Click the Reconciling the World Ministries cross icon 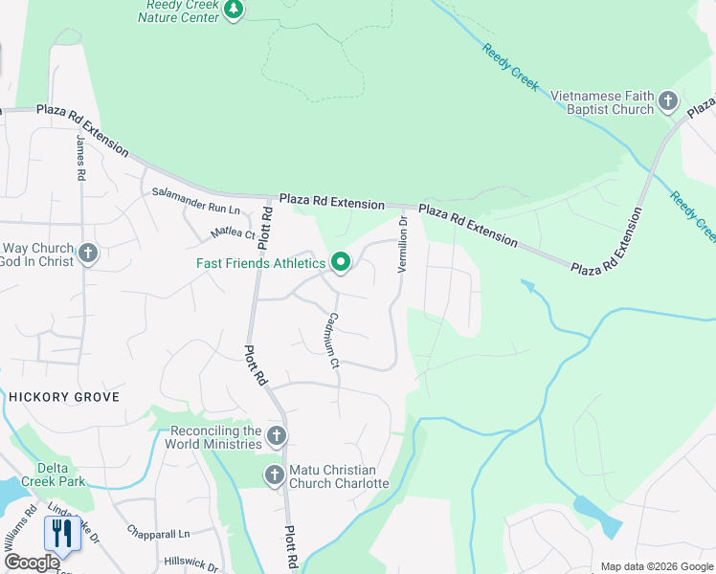pyautogui.click(x=276, y=436)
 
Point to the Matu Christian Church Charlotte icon pyautogui.click(x=275, y=475)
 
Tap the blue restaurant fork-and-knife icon pyautogui.click(x=61, y=532)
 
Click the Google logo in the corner pyautogui.click(x=32, y=563)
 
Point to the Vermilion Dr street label pyautogui.click(x=403, y=244)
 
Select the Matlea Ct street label pyautogui.click(x=233, y=232)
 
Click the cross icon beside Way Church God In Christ pyautogui.click(x=88, y=254)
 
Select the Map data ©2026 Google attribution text pyautogui.click(x=657, y=566)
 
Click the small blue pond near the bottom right pyautogui.click(x=598, y=516)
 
